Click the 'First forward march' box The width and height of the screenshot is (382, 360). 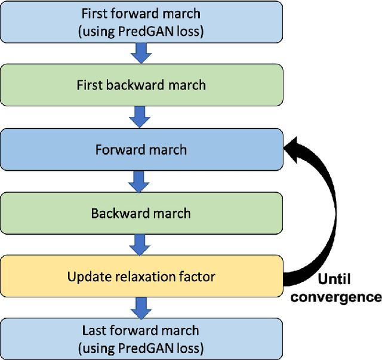[x=141, y=22]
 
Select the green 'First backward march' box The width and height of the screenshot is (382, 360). [x=141, y=85]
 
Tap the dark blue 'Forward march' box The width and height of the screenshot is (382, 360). [x=141, y=149]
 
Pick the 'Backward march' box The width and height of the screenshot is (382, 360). [x=141, y=213]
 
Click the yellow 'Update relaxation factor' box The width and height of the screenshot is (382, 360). [x=141, y=277]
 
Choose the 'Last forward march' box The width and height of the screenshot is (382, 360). [x=141, y=339]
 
